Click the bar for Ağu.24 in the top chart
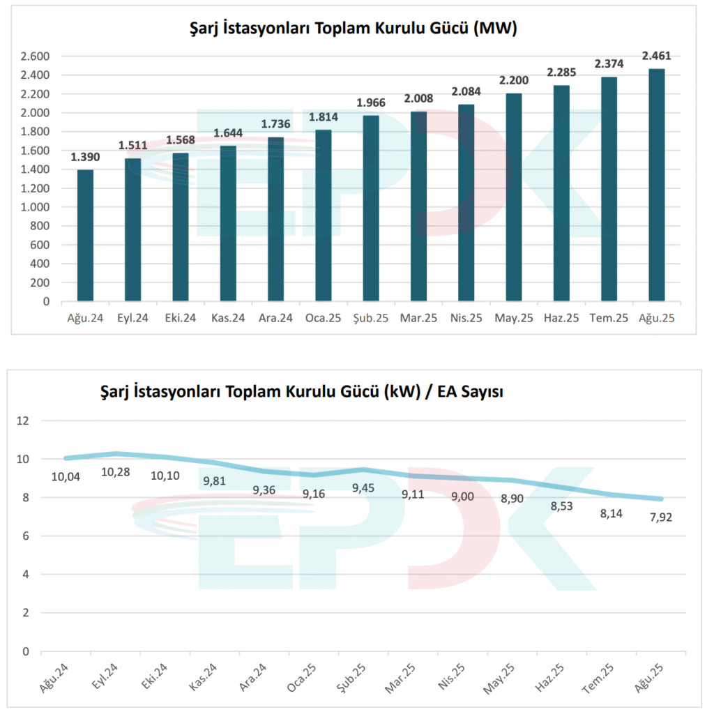(85, 236)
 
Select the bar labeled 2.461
(656, 185)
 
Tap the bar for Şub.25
(371, 209)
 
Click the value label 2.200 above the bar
(513, 80)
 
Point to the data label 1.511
(132, 144)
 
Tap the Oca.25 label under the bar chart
(323, 318)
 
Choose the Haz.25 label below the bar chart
(561, 318)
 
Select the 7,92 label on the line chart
(659, 518)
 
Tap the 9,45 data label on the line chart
(363, 488)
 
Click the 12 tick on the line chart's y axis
(26, 421)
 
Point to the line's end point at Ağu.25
(660, 499)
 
